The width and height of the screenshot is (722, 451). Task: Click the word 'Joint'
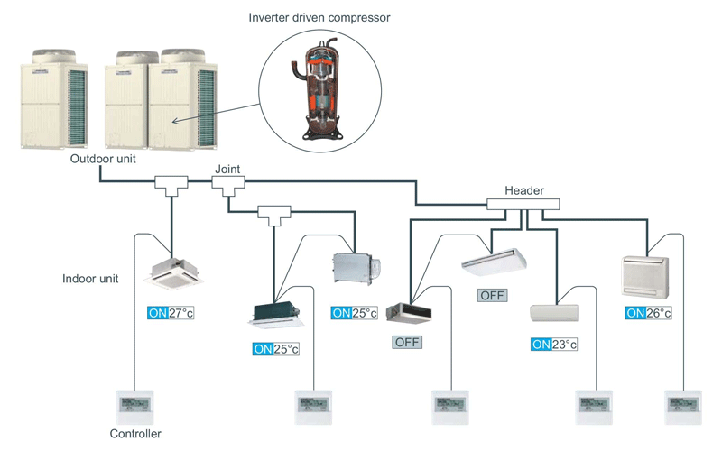pos(227,169)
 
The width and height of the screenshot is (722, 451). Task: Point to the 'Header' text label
pos(523,190)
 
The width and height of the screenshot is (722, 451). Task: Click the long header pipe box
pos(523,205)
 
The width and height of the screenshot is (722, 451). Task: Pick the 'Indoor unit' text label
pos(91,279)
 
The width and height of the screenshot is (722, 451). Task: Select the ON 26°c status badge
pos(648,312)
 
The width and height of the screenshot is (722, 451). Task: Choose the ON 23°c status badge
pos(554,344)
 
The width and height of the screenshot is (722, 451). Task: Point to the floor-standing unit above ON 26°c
pos(647,276)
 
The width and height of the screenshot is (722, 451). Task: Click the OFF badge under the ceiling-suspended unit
pos(493,295)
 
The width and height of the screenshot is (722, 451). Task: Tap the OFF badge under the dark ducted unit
pos(408,342)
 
